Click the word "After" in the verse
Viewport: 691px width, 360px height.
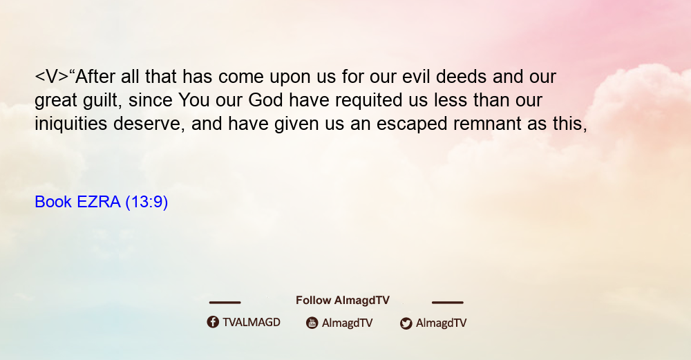95,76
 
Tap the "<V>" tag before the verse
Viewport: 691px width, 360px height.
52,77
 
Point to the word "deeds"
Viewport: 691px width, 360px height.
461,76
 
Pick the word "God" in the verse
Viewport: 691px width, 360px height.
265,100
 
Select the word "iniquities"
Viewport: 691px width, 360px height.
71,124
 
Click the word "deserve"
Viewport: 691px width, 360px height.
149,124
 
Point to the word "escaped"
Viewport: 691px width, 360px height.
412,124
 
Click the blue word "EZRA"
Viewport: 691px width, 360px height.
98,202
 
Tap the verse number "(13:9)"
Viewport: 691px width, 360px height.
146,202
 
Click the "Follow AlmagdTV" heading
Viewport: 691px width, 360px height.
343,301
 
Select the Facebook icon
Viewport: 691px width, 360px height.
213,322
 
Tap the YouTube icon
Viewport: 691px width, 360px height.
312,323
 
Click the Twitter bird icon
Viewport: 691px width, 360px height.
406,323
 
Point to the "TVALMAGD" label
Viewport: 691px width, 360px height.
252,323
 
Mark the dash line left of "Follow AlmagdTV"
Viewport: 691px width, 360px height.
225,302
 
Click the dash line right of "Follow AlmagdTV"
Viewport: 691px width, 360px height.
447,302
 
